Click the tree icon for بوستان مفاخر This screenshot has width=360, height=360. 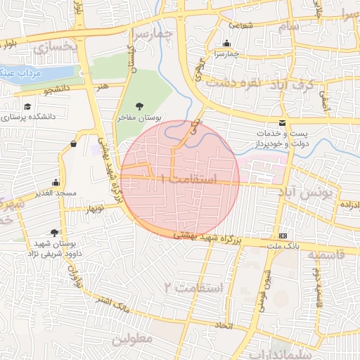click(139, 105)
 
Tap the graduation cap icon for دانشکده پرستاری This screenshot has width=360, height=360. click(27, 107)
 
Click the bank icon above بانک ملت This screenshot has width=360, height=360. click(283, 236)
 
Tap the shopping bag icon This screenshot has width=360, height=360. click(74, 144)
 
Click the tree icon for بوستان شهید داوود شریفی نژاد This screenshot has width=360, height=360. click(55, 232)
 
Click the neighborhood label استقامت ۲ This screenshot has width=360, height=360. click(193, 287)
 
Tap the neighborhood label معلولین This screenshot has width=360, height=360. click(131, 339)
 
